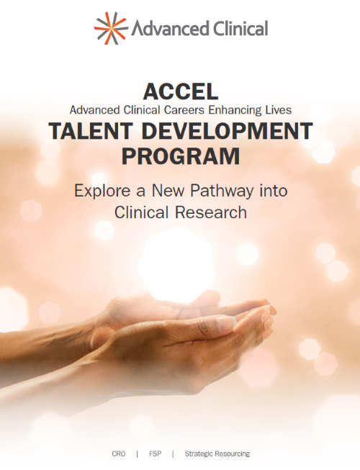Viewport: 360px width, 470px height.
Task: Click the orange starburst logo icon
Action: click(110, 28)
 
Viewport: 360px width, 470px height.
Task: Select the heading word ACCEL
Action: click(179, 91)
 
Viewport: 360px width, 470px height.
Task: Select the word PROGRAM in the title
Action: click(180, 156)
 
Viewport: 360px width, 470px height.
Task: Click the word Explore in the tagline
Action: click(102, 191)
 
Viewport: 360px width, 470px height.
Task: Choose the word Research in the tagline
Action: click(215, 212)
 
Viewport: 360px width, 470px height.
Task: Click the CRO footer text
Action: click(119, 454)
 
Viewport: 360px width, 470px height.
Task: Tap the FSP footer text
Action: click(155, 454)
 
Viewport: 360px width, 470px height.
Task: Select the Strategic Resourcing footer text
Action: click(217, 454)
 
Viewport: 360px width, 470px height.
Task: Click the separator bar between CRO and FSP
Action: click(137, 454)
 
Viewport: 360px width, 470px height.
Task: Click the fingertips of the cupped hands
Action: click(268, 311)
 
